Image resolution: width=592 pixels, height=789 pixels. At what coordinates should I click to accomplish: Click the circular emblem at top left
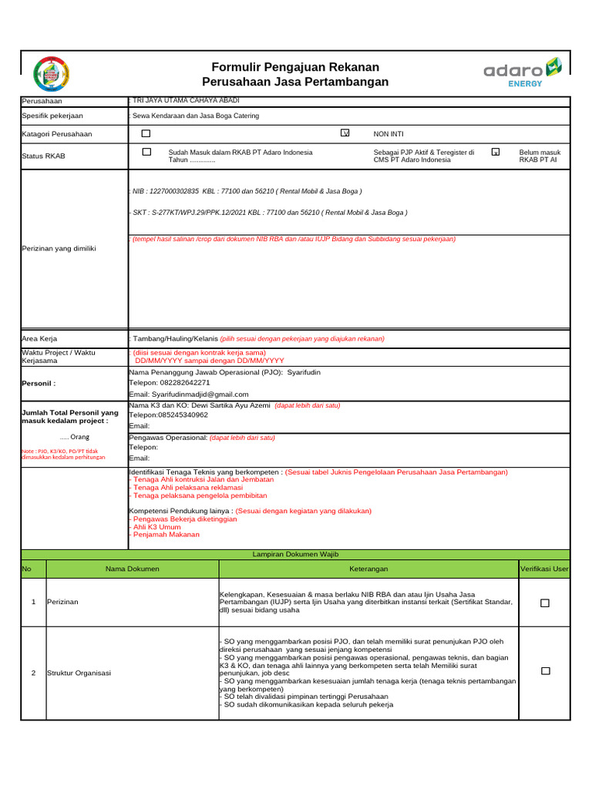[x=52, y=75]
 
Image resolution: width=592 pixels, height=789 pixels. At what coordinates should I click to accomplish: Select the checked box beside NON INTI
[x=345, y=133]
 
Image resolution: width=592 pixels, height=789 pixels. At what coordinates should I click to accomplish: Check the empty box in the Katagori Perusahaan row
[x=146, y=133]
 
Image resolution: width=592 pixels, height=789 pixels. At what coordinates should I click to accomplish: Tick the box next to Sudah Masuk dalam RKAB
[x=146, y=152]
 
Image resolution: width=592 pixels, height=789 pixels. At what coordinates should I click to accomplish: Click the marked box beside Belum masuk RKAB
[x=496, y=153]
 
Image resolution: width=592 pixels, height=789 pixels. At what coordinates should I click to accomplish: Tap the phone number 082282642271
[x=180, y=382]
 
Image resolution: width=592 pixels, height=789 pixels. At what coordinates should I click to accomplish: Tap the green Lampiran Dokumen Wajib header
[x=295, y=554]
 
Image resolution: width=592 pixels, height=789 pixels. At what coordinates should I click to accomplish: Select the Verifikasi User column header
[x=544, y=569]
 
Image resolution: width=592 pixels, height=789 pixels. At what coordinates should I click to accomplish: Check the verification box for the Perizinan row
[x=545, y=603]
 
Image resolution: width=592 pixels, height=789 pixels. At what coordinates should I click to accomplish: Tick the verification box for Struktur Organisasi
[x=545, y=672]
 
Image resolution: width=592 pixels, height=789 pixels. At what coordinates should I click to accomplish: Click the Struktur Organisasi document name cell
[x=79, y=673]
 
